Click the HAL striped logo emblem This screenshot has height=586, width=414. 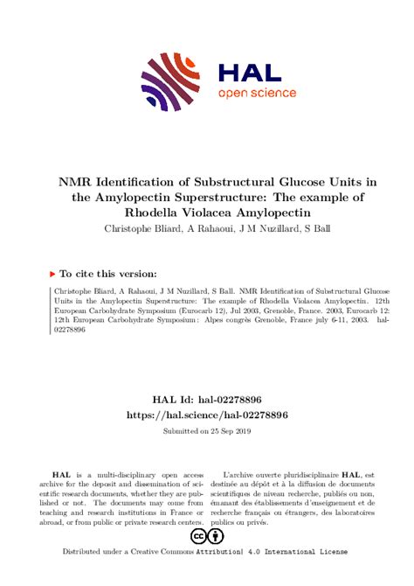[x=172, y=82]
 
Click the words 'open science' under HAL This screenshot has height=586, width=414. [x=257, y=93]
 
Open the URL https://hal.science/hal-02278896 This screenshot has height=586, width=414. [x=207, y=414]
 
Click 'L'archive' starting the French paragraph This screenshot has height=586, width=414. [x=241, y=471]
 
